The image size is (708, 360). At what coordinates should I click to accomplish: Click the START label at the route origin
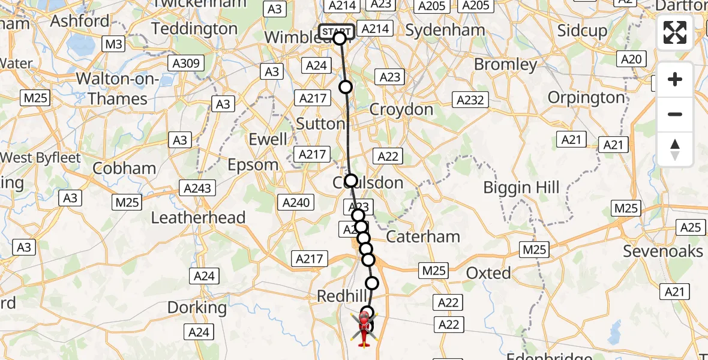tap(336, 31)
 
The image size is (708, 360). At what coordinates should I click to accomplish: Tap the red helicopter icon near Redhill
tap(364, 331)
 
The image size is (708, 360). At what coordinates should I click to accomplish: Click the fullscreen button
tap(675, 32)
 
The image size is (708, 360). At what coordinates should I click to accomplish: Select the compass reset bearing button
tap(675, 149)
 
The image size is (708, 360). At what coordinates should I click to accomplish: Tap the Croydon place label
tap(401, 110)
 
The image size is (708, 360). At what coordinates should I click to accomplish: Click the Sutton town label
tap(321, 124)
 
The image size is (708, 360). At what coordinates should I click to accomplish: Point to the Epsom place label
tap(254, 164)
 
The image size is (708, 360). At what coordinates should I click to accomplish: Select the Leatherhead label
tap(198, 217)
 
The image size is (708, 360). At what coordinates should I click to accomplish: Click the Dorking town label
tap(197, 308)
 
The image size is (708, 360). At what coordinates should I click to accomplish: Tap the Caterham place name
tap(423, 236)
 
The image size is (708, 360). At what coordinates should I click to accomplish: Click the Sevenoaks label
tap(662, 251)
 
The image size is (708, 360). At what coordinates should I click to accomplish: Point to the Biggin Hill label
tap(521, 187)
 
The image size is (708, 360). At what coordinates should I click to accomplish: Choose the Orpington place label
tap(586, 98)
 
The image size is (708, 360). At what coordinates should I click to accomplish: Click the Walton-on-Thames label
tap(118, 89)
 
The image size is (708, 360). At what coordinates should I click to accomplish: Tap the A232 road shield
tap(470, 100)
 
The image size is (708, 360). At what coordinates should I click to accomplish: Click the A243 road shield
tap(198, 188)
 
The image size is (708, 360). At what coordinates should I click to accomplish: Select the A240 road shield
tap(296, 202)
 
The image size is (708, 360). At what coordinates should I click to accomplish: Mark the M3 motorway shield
tap(113, 44)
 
